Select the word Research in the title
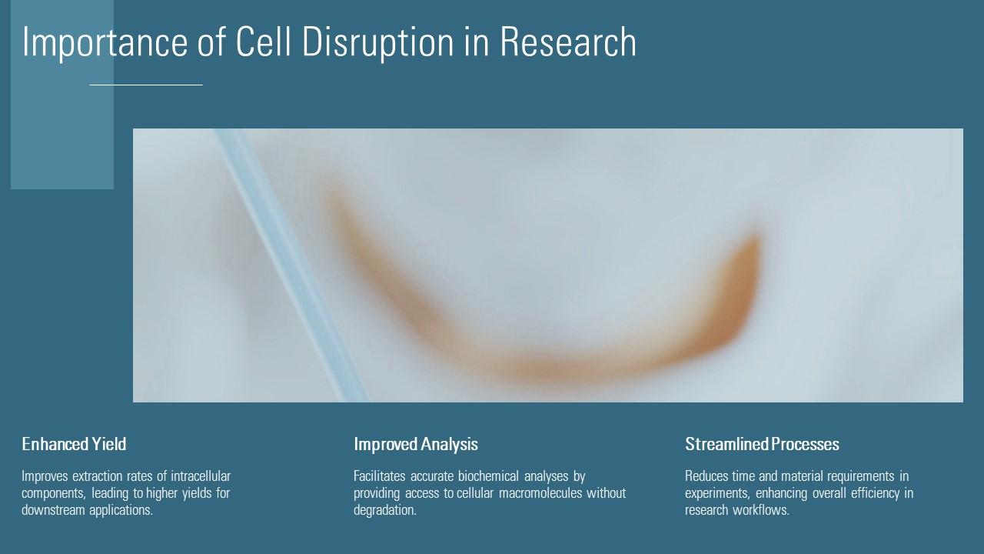tap(568, 42)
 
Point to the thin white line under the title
tap(146, 85)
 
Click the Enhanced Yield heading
tap(74, 444)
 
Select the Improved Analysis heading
tap(416, 444)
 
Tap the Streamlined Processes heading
tap(762, 444)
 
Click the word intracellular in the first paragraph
tap(201, 476)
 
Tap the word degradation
tap(384, 510)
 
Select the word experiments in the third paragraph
tap(716, 493)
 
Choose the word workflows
tap(763, 510)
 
